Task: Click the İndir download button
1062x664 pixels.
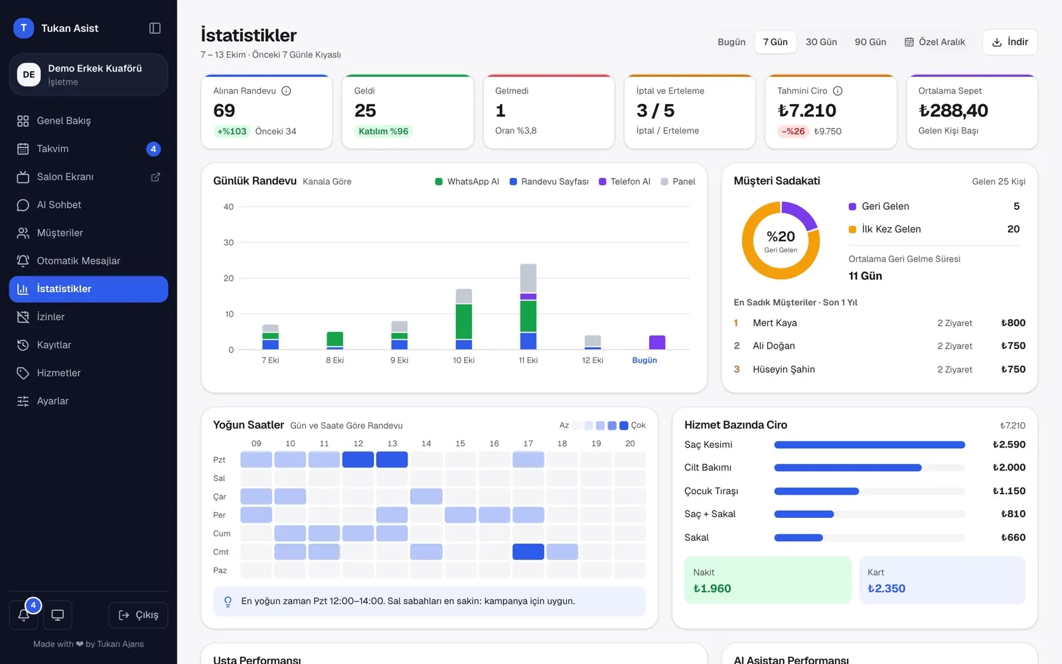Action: [x=1010, y=42]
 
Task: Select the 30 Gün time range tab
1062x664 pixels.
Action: [x=821, y=42]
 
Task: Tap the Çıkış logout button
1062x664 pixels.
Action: [x=138, y=615]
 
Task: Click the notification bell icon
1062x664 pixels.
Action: [x=24, y=615]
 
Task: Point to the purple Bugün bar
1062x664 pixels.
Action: [x=656, y=342]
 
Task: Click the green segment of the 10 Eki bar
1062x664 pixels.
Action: [x=464, y=321]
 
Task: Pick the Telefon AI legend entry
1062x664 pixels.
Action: [x=625, y=181]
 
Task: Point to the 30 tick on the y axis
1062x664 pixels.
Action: [x=228, y=242]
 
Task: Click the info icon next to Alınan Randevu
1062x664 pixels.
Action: [x=286, y=90]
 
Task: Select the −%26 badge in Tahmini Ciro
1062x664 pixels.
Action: [x=793, y=131]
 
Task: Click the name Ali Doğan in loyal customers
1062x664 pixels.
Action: [x=774, y=346]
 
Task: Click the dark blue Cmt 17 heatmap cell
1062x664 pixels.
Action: [x=528, y=552]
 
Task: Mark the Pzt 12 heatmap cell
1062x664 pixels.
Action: [x=358, y=459]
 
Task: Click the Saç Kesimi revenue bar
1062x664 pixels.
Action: [x=869, y=444]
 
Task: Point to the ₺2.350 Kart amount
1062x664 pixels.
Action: [x=886, y=588]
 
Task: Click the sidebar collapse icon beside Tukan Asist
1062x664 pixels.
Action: [x=155, y=28]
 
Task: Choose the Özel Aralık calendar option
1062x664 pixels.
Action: [x=935, y=42]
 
